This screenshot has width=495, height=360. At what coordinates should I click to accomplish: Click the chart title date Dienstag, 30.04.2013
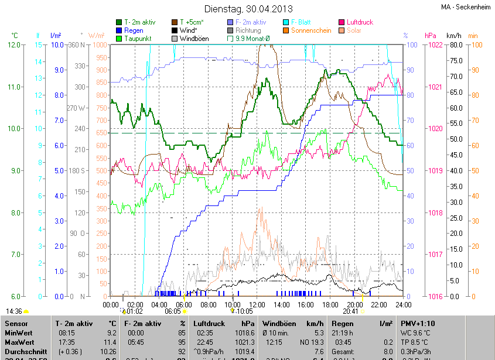[x=247, y=9]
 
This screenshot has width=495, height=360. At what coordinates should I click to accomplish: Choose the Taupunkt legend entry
[x=138, y=39]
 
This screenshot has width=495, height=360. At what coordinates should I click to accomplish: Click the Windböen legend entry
[x=192, y=39]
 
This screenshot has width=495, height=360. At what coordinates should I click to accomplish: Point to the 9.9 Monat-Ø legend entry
[x=252, y=39]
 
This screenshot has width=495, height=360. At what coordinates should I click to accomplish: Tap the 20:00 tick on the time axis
[x=354, y=305]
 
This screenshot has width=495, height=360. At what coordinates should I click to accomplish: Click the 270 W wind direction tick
[x=76, y=108]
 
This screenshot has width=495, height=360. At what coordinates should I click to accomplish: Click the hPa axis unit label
[x=430, y=36]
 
